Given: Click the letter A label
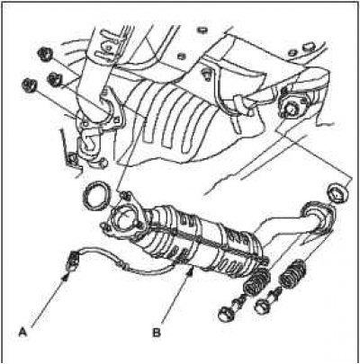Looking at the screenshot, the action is click(22, 333).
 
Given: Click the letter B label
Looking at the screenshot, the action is click(157, 333).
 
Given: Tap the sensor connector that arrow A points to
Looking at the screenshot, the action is click(72, 261).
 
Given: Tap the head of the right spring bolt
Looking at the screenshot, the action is click(263, 307).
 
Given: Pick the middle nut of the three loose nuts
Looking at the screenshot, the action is click(55, 79).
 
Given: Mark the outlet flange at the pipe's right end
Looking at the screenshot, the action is click(317, 218).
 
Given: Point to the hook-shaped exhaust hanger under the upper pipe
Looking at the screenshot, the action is click(89, 146).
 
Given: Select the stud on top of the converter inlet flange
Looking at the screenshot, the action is click(125, 197).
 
